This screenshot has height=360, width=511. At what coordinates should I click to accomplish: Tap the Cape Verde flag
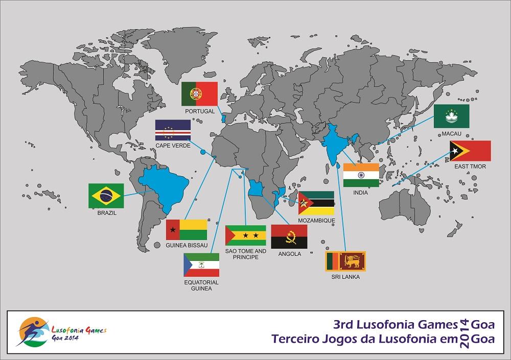click(x=173, y=130)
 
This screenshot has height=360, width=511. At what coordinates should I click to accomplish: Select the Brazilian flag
click(x=106, y=195)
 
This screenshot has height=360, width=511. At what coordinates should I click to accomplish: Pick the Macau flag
click(x=451, y=116)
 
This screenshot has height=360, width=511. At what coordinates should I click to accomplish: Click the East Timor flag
click(x=470, y=151)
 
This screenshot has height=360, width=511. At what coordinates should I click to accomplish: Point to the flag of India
click(x=361, y=175)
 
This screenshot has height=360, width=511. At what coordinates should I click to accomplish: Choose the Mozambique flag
click(x=316, y=203)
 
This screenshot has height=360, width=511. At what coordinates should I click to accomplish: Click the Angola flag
click(x=289, y=236)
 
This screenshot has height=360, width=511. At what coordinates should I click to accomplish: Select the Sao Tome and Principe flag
click(x=245, y=235)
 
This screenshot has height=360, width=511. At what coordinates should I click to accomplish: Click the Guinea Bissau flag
click(x=187, y=230)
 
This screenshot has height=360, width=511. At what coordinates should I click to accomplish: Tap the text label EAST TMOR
click(x=470, y=166)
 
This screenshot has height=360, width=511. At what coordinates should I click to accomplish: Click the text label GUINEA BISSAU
click(x=187, y=245)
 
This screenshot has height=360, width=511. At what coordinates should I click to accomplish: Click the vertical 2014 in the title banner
click(x=464, y=332)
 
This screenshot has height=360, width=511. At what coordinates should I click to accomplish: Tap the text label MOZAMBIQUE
click(x=316, y=221)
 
